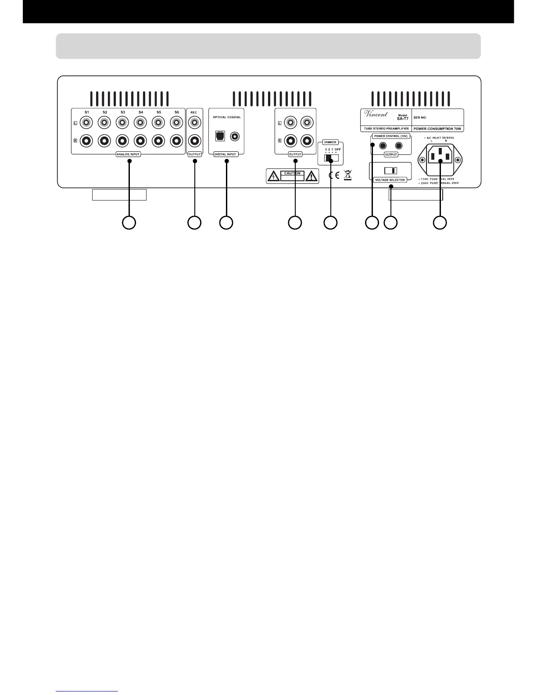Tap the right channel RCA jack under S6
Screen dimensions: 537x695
pyautogui.click(x=176, y=141)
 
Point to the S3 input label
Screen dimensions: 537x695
pyautogui.click(x=123, y=112)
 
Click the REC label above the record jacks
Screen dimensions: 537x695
pyautogui.click(x=194, y=113)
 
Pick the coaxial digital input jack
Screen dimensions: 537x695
pyautogui.click(x=236, y=136)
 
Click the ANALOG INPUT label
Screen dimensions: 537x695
pyautogui.click(x=128, y=154)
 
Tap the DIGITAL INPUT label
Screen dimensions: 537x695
pyautogui.click(x=226, y=154)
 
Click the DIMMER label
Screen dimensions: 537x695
pyautogui.click(x=330, y=142)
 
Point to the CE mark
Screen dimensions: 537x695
pyautogui.click(x=333, y=176)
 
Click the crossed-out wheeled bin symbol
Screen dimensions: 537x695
pyautogui.click(x=348, y=176)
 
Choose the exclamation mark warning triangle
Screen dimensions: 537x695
pyautogui.click(x=311, y=176)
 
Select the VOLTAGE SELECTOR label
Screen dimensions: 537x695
pyautogui.click(x=390, y=180)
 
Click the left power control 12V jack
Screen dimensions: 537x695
pyautogui.click(x=383, y=146)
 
